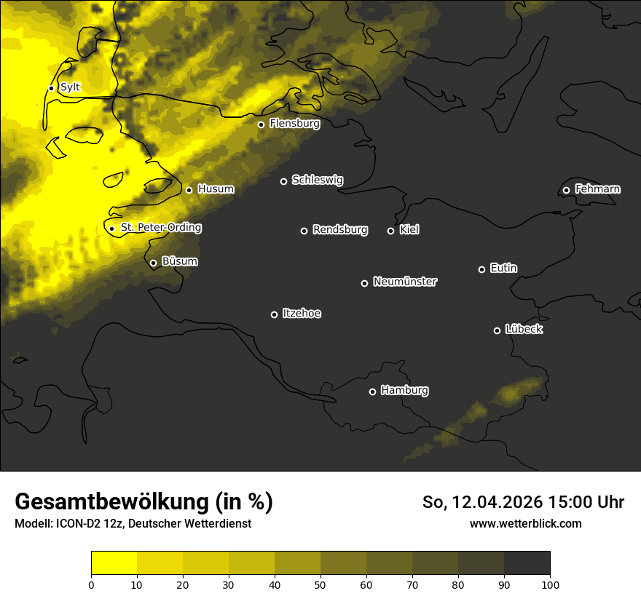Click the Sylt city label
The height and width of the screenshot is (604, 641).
tap(70, 87)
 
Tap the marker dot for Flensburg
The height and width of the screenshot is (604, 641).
tap(261, 124)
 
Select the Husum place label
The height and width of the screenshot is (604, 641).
tap(216, 189)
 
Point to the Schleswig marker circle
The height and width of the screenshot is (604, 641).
tap(284, 181)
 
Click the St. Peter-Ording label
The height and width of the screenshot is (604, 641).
tap(160, 228)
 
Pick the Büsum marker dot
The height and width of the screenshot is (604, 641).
tap(153, 263)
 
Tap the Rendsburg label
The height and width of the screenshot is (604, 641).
tap(340, 230)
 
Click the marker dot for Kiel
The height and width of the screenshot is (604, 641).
tap(390, 231)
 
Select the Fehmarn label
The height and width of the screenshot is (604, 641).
tap(597, 189)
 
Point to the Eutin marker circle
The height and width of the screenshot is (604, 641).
tap(481, 269)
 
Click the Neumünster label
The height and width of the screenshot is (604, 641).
tap(405, 282)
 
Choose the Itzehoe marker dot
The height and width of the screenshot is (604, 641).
tap(274, 314)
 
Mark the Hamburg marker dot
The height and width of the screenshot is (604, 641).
tap(372, 392)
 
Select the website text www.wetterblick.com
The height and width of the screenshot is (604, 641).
tap(525, 524)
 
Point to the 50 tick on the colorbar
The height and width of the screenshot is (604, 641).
tap(320, 584)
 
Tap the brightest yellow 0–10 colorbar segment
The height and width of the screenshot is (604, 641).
tap(114, 563)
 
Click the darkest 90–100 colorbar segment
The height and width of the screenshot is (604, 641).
tap(527, 563)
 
